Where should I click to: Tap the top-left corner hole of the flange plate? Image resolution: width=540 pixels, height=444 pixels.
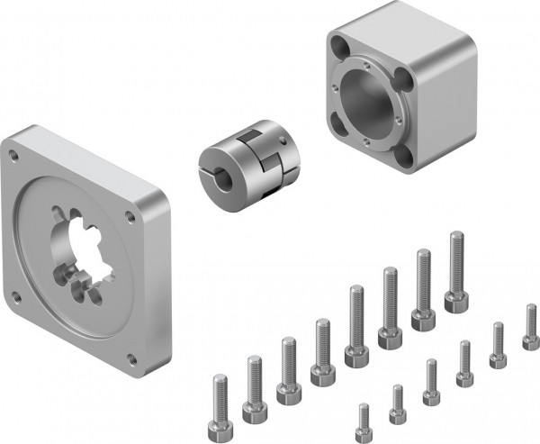click(x=13, y=155)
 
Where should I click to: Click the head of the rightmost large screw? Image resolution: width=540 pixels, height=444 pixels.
click(x=455, y=301)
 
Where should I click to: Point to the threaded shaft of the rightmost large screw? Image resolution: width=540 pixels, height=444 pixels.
click(x=456, y=261)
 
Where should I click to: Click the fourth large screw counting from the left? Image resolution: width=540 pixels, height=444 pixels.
click(x=322, y=370)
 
